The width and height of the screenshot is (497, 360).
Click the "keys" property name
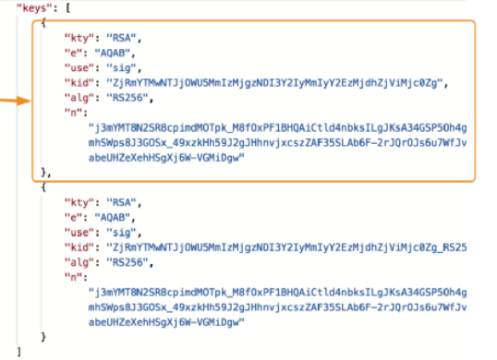coord(34,8)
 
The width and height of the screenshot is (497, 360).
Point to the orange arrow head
coord(24,101)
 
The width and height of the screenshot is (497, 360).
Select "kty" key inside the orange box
coord(79,38)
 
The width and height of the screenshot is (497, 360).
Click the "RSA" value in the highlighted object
coord(121,38)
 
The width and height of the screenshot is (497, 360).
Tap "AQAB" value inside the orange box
coord(112,53)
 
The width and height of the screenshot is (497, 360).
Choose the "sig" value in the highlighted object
coord(121,67)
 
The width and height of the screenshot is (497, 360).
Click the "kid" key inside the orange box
coord(79,83)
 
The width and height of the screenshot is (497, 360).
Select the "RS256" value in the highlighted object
coord(127,98)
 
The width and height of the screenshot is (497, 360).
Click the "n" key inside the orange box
coord(73,113)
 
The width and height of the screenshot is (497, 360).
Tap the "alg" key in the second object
coord(79,262)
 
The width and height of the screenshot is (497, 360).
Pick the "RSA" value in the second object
coord(121,203)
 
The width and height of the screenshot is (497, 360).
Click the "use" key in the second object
coord(79,233)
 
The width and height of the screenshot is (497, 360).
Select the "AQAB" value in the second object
coord(112,218)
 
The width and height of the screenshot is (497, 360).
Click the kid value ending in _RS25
coord(286,247)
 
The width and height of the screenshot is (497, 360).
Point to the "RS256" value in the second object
coord(127,262)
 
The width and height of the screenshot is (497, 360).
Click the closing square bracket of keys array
coord(19,352)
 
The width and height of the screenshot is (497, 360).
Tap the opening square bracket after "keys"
coord(67,8)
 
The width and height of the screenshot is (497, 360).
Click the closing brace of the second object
coord(43,337)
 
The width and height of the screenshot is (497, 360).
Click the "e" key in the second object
coord(73,218)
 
